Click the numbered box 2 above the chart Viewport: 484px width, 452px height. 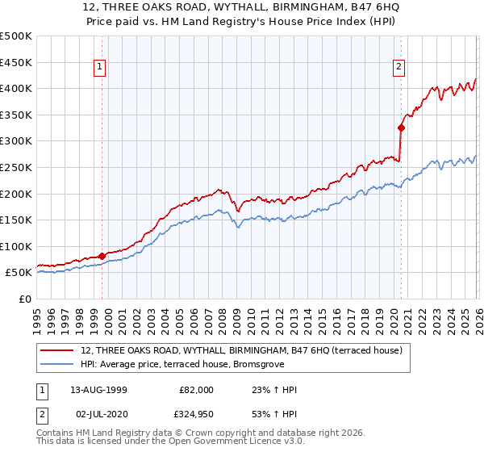click(399, 68)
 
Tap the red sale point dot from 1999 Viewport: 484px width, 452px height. click(102, 256)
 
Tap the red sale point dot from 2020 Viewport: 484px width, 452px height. click(401, 127)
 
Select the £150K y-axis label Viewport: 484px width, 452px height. click(16, 220)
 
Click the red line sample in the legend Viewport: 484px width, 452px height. click(58, 350)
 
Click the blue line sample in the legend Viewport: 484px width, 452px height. click(58, 364)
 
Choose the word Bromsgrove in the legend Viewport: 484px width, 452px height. click(255, 364)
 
